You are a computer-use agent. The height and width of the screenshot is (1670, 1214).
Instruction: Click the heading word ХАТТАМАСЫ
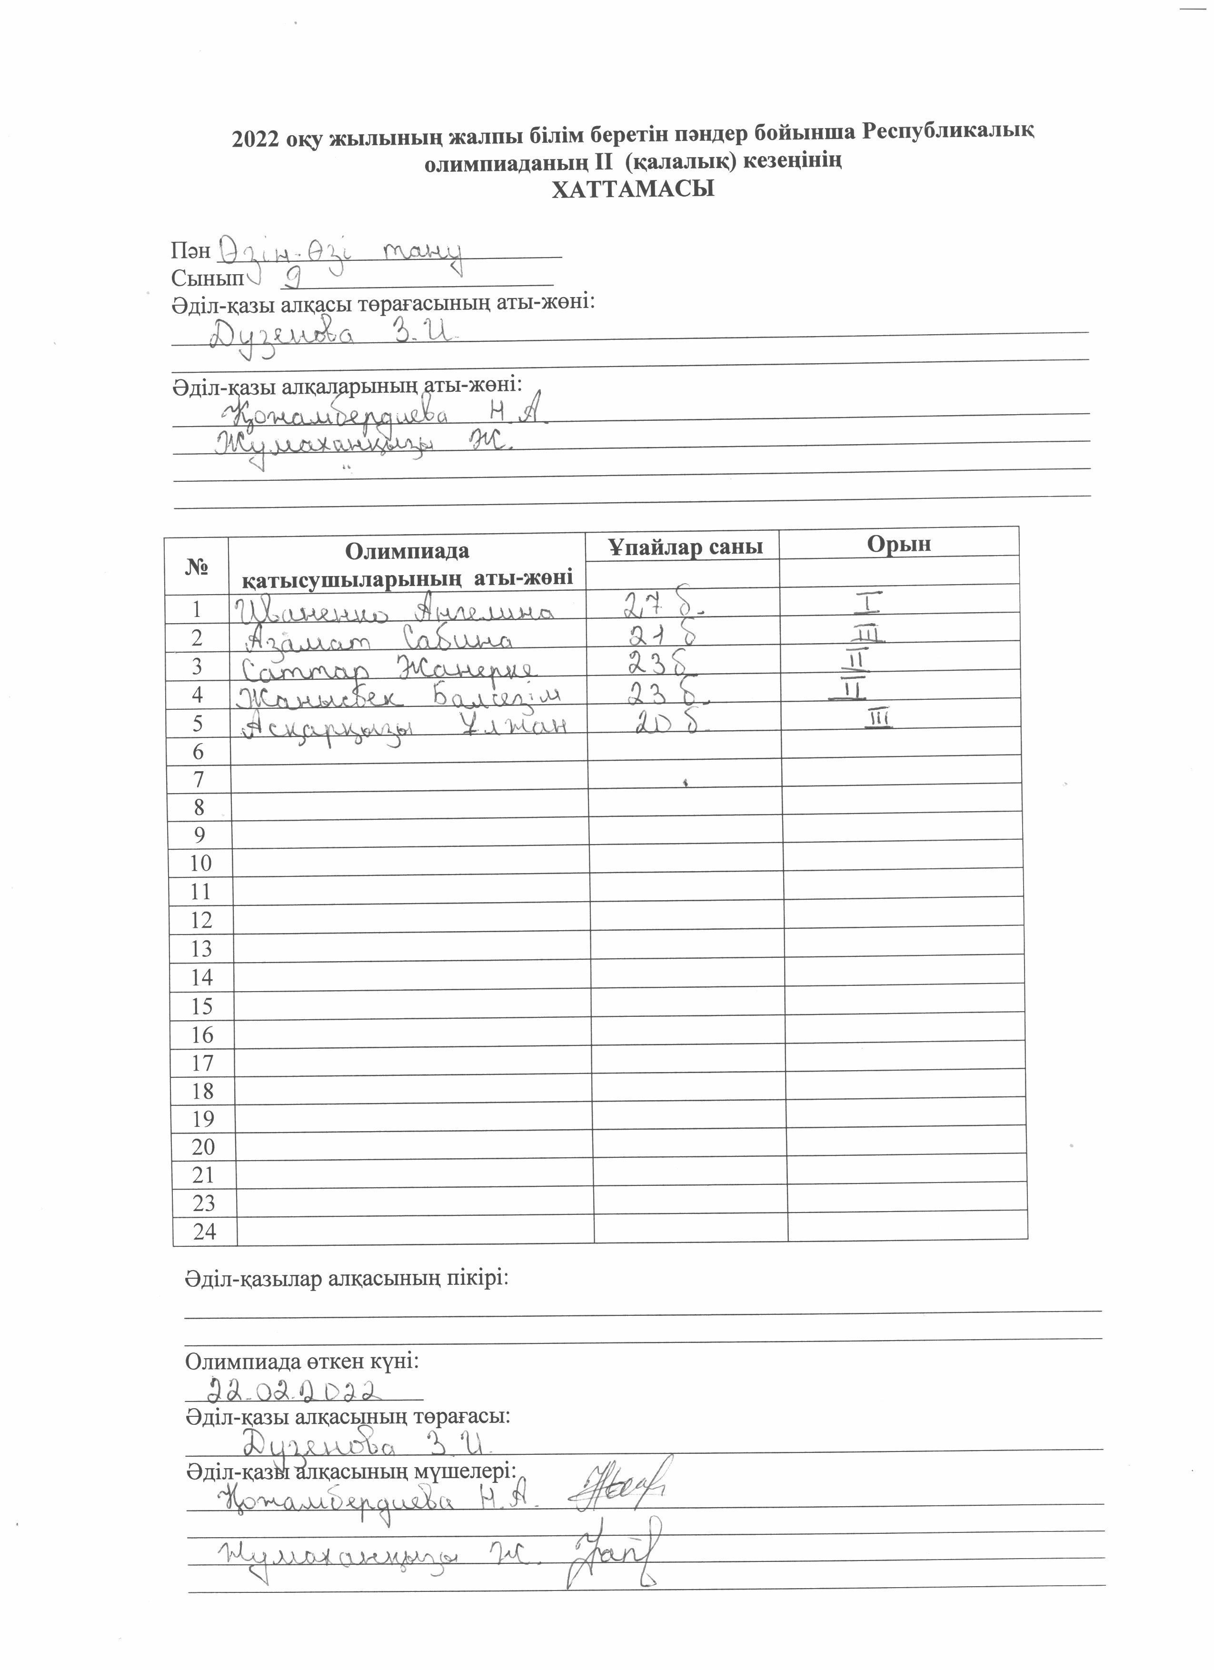click(633, 190)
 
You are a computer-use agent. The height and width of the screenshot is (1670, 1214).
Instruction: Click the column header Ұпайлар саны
click(684, 547)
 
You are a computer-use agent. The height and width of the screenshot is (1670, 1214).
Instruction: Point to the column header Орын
click(898, 543)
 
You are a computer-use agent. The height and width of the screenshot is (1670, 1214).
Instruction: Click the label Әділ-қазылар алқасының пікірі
click(346, 1278)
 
